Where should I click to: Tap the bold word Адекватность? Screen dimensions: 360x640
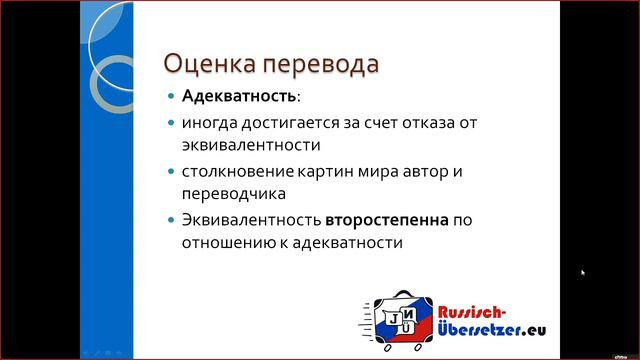pos(239,98)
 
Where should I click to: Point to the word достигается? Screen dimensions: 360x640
pos(290,124)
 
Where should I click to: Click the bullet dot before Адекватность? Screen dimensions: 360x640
pos(171,98)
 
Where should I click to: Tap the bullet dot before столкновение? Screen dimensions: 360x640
pos(171,172)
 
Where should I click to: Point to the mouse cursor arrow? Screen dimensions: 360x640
pos(583,272)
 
